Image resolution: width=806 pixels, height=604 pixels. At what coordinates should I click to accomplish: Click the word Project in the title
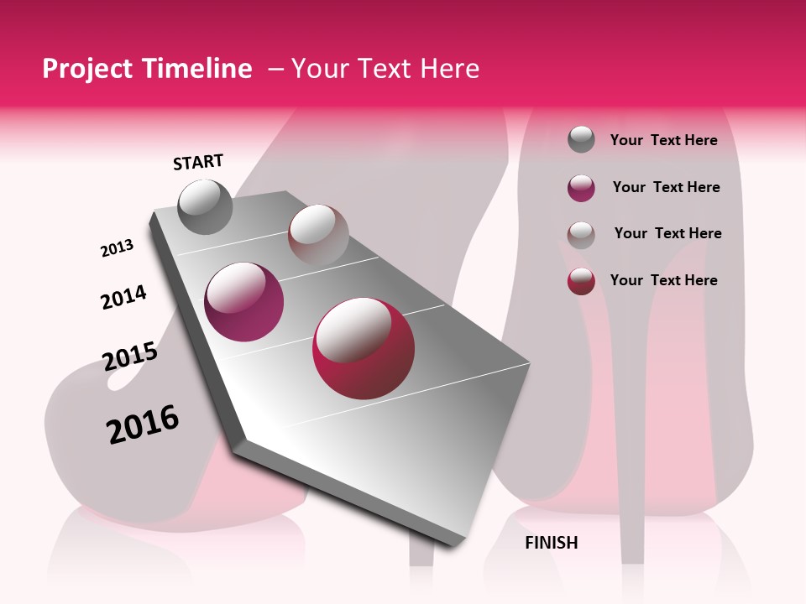[x=84, y=69]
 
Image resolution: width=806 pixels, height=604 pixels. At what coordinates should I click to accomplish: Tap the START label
[x=198, y=162]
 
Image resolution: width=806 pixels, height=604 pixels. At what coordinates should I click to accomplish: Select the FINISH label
[x=552, y=543]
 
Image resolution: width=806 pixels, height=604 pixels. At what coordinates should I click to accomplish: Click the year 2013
[x=117, y=248]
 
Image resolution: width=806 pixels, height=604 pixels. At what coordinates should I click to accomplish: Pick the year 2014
[x=123, y=297]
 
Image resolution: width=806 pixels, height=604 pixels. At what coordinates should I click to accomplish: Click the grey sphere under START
[x=206, y=206]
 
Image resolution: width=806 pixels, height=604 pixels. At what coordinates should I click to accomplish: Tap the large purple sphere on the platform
[x=243, y=302]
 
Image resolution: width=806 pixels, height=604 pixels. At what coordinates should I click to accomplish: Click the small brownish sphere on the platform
[x=318, y=234]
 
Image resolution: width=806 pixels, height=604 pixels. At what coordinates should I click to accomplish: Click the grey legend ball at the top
[x=581, y=139]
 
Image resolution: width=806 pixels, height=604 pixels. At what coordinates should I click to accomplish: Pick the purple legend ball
[x=581, y=188]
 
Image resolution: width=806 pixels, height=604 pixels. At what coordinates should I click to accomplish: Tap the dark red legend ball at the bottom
[x=581, y=281]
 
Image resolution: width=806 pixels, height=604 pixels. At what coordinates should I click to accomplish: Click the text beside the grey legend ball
[x=663, y=140]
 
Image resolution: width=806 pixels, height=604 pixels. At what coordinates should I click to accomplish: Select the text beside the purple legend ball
[x=666, y=187]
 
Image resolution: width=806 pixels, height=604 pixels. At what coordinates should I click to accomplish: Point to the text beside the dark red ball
[x=663, y=280]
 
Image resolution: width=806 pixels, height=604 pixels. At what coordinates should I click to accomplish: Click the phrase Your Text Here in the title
[x=385, y=69]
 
